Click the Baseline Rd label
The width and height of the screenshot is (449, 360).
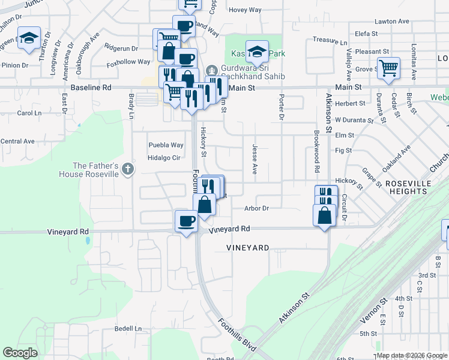[x=91, y=88]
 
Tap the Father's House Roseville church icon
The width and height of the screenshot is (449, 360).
[x=127, y=170]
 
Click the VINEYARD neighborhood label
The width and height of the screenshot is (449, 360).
[x=247, y=248]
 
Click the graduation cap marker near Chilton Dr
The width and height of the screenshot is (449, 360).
[x=29, y=38]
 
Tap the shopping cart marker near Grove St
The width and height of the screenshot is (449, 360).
[x=388, y=67]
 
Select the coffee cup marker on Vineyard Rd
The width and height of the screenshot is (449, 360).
[x=185, y=221]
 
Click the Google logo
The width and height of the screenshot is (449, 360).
[x=20, y=353]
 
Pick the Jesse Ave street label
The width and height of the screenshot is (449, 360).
[x=255, y=159]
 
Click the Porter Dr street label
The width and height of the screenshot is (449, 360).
[x=280, y=106]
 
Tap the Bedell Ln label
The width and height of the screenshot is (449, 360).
[x=128, y=329]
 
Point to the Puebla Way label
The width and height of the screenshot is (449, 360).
[x=166, y=145]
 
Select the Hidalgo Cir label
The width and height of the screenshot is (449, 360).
[x=164, y=158]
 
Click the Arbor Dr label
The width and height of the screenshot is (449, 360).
[x=256, y=209]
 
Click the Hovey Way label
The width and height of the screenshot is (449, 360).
[x=246, y=10]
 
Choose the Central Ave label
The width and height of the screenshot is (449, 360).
[x=17, y=142]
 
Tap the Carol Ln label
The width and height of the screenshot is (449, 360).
[x=29, y=113]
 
